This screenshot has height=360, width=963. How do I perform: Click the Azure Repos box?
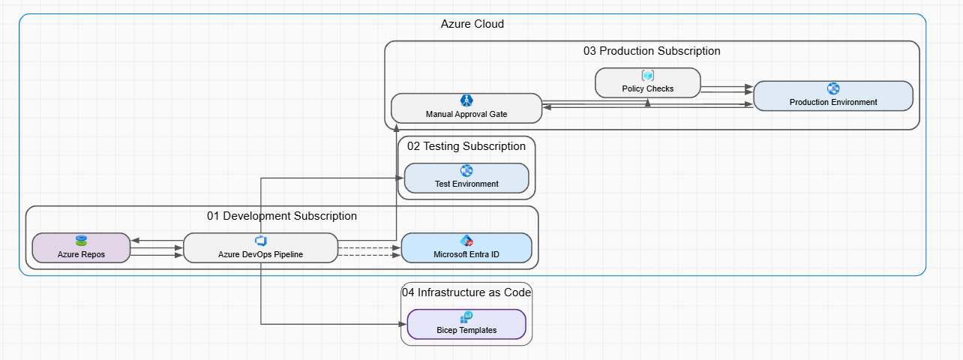pos(81,248)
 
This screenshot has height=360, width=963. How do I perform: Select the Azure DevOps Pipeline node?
pos(260,248)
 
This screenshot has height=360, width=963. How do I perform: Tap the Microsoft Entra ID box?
pos(466,248)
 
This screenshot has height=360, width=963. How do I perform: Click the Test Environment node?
pos(466,178)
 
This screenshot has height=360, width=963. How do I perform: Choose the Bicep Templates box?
pos(466,325)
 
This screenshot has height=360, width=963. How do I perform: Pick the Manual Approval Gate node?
pos(466,109)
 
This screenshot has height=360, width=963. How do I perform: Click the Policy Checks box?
pos(648,82)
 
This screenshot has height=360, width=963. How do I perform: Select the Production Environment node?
pos(832,96)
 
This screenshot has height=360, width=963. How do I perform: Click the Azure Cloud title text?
pos(472,24)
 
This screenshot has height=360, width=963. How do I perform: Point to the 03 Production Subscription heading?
pos(652,51)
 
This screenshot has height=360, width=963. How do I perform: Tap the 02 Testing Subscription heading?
pos(466,146)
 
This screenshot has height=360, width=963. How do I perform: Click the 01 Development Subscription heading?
pos(282,216)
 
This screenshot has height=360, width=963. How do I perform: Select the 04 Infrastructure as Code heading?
pos(466,292)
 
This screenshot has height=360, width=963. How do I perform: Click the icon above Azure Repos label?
pos(81,241)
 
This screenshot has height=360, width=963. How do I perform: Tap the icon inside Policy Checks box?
pos(648,76)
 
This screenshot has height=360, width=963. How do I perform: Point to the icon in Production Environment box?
pos(832,88)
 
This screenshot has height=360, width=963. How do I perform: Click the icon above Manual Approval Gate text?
pos(466,100)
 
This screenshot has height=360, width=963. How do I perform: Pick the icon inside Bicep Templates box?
pos(466,317)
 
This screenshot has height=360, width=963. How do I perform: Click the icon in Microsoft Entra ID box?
pos(466,241)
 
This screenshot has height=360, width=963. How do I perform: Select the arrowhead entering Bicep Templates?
pos(402,325)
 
